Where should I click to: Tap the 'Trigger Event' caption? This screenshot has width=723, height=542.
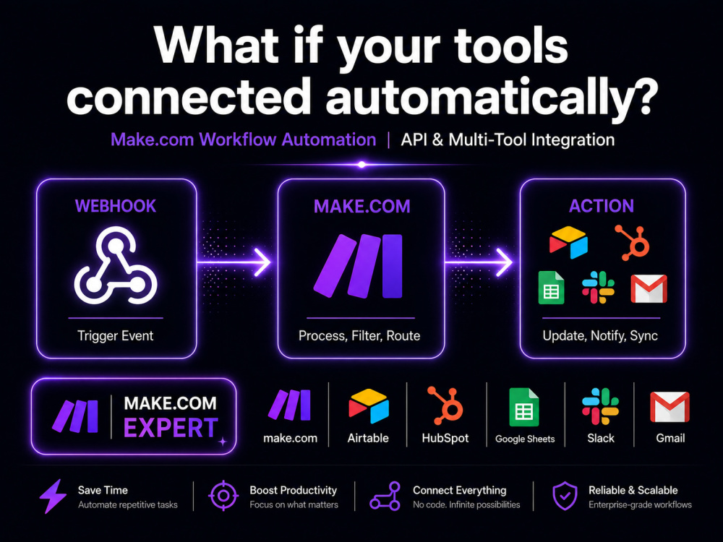coord(115,335)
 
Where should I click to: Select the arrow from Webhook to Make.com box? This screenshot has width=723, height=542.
coord(234,262)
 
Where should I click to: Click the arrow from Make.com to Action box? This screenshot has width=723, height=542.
coord(479,262)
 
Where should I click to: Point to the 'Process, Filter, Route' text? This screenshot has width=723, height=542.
coord(359,335)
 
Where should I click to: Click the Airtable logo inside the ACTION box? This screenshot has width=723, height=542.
coord(568,242)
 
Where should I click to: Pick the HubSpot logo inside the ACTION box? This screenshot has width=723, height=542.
coord(633,242)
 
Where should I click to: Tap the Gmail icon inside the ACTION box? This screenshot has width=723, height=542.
coord(649,288)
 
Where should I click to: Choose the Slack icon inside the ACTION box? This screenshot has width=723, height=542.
coord(598,287)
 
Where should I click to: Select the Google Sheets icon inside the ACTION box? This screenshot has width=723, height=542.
coord(552,288)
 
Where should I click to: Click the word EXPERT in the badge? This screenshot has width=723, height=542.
coord(171,428)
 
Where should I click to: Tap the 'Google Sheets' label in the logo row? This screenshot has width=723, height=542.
coord(525,439)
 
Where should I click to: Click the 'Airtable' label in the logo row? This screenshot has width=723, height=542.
coord(368,438)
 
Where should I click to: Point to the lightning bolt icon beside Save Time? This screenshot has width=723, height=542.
coord(53,496)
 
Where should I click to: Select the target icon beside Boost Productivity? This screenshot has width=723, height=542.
coord(223,496)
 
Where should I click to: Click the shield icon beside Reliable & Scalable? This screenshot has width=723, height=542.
coord(565,496)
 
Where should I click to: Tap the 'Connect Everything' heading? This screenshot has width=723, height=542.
coord(459,490)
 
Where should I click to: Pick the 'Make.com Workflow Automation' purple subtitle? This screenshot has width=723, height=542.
coord(244,139)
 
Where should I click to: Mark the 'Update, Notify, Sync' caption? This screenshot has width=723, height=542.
coord(600,335)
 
